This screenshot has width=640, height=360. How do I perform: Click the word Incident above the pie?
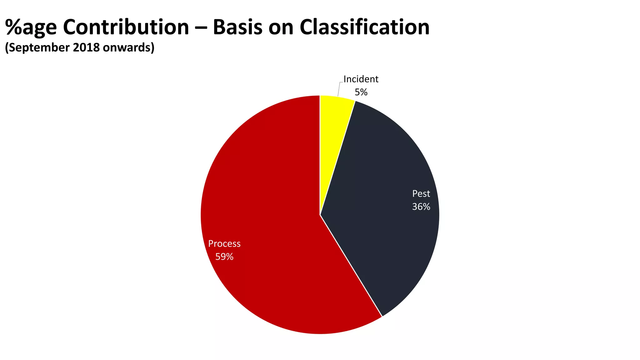click(x=361, y=79)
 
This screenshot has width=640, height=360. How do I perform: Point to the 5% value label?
click(x=361, y=92)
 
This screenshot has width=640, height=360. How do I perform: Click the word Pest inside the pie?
click(x=421, y=194)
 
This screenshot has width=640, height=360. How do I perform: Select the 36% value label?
click(x=421, y=207)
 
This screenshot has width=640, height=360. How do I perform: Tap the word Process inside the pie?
click(x=224, y=244)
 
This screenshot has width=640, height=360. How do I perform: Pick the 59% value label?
click(x=224, y=257)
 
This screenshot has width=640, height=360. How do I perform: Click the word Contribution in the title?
click(x=126, y=27)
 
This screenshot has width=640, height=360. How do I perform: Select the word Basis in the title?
click(x=237, y=27)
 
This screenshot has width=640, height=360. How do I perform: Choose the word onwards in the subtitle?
click(x=128, y=47)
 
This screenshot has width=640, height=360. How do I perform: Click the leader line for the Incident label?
click(x=339, y=89)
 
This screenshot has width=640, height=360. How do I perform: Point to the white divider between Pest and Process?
click(x=351, y=266)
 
